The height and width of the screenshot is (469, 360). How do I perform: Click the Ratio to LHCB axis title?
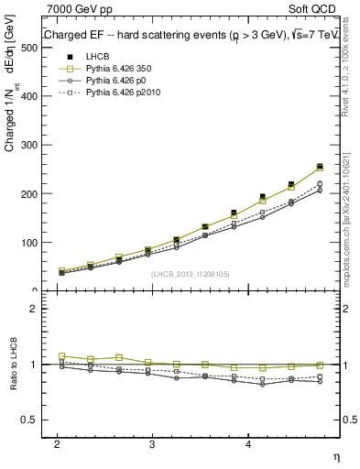[14, 365]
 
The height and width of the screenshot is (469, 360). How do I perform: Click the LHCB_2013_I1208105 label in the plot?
[191, 274]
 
